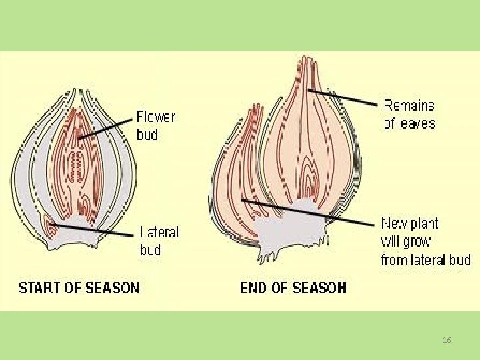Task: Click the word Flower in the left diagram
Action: (156, 117)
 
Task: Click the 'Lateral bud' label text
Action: (159, 241)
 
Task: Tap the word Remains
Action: (409, 105)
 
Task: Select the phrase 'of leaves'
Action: (409, 123)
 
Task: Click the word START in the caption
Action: (41, 288)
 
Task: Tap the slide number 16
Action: (447, 341)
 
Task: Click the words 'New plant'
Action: (409, 223)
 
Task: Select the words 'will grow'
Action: (405, 241)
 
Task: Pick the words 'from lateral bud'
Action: (425, 259)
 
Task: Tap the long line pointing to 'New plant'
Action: (307, 211)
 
